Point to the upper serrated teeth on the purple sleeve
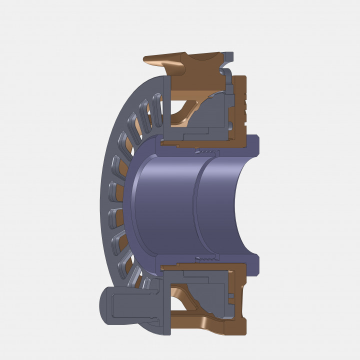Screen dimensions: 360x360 point(207,150)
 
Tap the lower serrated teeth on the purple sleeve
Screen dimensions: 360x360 point(207,258)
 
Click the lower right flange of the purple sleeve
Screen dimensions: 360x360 point(252,265)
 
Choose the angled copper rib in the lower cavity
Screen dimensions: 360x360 point(192,299)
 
